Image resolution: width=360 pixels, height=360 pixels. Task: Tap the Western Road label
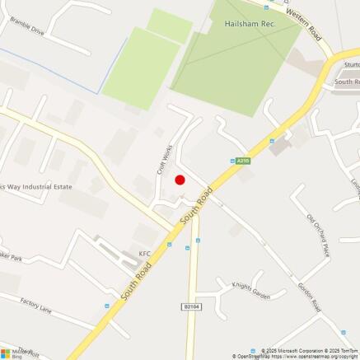(x=305, y=22)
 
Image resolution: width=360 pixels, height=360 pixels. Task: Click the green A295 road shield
(x=243, y=161)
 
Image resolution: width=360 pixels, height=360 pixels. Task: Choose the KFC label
(x=145, y=254)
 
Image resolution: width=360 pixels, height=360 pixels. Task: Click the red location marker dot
(x=180, y=180)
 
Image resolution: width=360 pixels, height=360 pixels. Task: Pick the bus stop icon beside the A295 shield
(x=231, y=161)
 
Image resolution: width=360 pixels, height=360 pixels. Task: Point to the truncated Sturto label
(x=351, y=64)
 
